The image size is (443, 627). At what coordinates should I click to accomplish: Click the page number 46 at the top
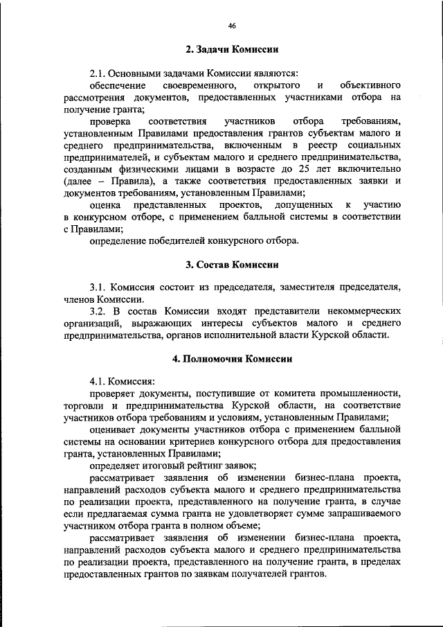pos(232,26)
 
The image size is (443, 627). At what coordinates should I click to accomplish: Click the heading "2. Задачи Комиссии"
pos(232,50)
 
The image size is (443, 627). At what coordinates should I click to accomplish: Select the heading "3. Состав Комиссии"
pos(232,265)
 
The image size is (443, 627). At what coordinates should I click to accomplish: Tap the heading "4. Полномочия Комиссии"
pos(232,359)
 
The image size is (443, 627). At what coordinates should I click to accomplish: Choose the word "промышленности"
pos(358,394)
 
